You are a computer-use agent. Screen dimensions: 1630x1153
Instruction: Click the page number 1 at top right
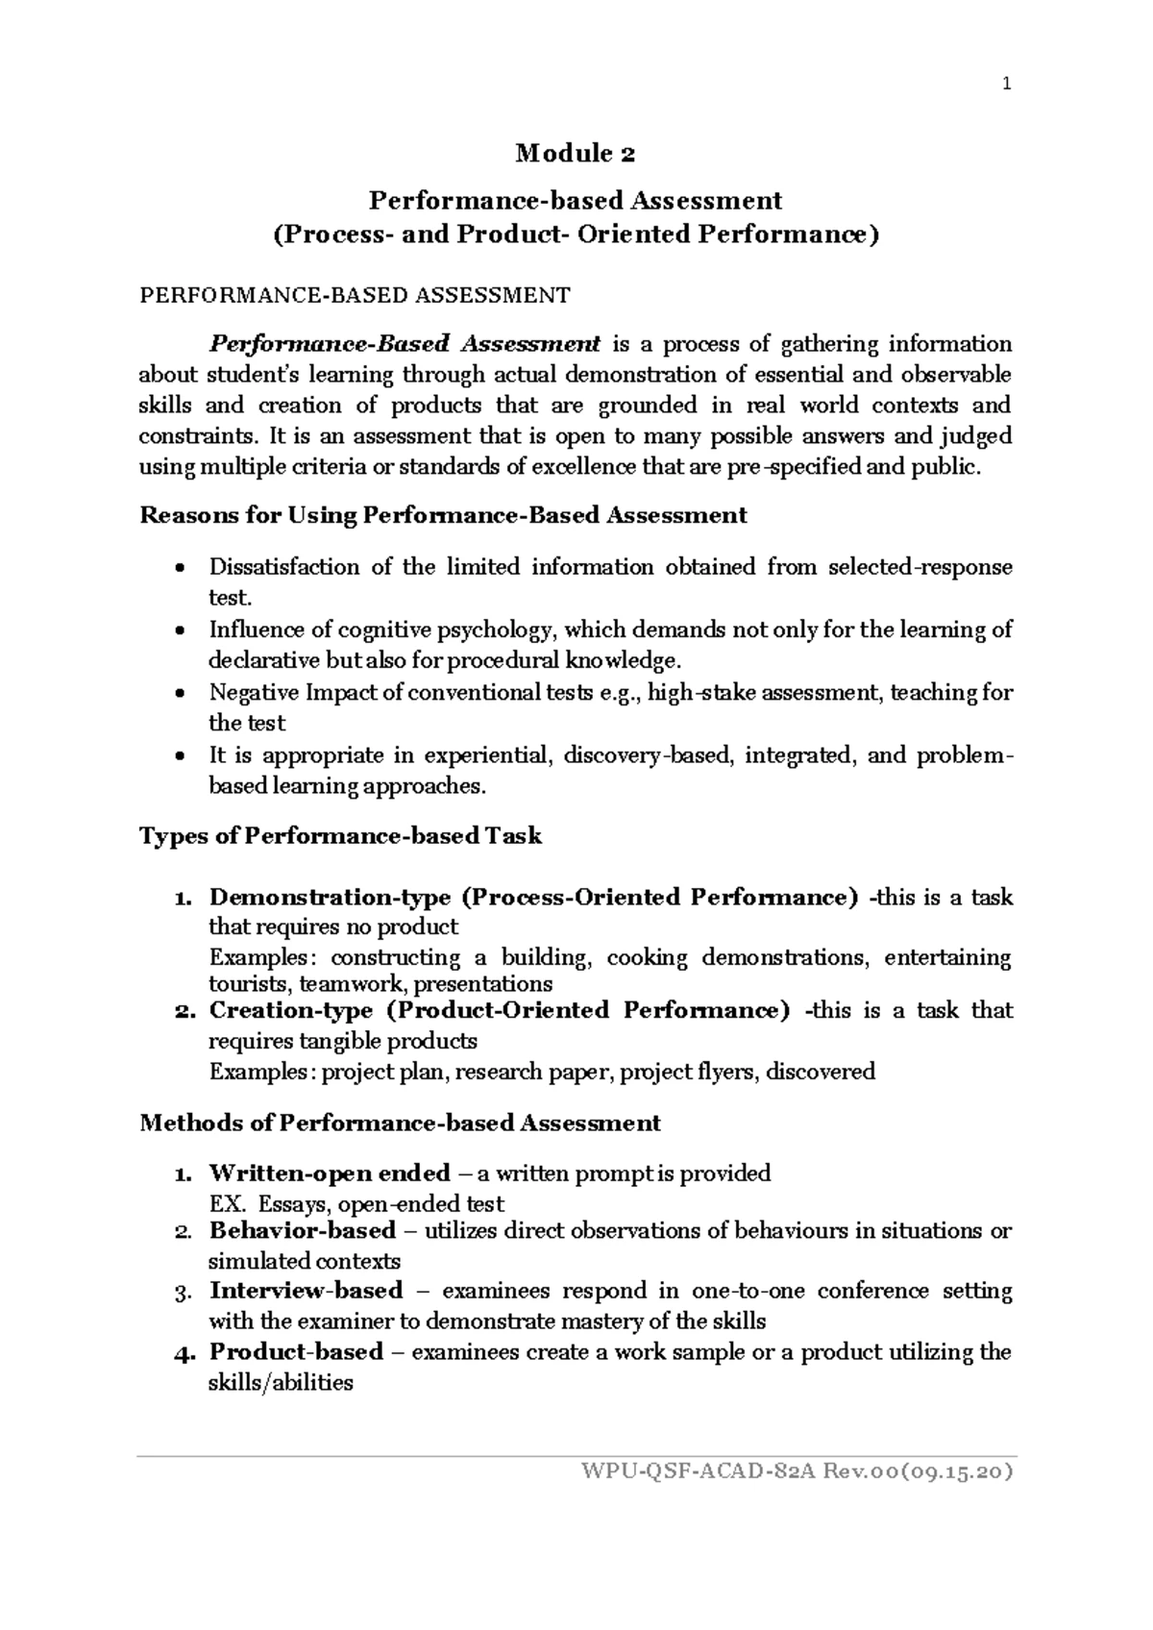click(1006, 84)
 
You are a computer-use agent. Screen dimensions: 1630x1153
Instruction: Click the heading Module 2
click(576, 153)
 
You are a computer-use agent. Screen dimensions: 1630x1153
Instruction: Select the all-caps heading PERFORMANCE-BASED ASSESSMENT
click(355, 295)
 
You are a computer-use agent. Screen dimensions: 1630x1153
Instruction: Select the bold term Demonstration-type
click(330, 897)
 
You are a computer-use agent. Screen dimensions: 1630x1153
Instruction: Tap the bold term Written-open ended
click(330, 1173)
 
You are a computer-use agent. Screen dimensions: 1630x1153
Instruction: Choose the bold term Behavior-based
click(303, 1230)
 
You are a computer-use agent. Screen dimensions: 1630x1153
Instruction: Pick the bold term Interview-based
click(306, 1290)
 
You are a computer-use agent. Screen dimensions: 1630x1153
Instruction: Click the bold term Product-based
click(296, 1351)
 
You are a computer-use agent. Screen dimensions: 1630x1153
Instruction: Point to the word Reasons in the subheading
click(181, 515)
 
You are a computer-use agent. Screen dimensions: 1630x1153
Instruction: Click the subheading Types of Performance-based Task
click(341, 836)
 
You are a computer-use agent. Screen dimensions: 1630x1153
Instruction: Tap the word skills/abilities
click(281, 1383)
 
